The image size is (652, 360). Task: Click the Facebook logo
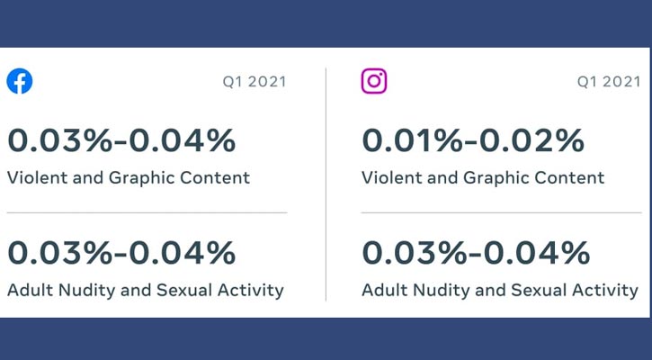pyautogui.click(x=20, y=81)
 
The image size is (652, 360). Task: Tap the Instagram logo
pyautogui.click(x=374, y=81)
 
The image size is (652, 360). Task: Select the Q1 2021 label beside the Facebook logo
pyautogui.click(x=255, y=82)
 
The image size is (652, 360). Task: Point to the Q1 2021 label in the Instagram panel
pyautogui.click(x=609, y=82)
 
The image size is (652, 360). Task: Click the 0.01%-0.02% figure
pyautogui.click(x=473, y=140)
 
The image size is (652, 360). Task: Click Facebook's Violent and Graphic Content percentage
pyautogui.click(x=121, y=140)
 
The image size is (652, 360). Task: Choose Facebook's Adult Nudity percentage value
pyautogui.click(x=121, y=253)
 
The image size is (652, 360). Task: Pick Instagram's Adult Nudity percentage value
pyautogui.click(x=476, y=253)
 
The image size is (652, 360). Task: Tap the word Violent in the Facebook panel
pyautogui.click(x=37, y=177)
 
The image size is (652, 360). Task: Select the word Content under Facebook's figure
pyautogui.click(x=215, y=177)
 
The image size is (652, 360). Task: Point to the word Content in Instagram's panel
pyautogui.click(x=569, y=177)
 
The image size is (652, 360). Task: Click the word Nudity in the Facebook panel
pyautogui.click(x=87, y=291)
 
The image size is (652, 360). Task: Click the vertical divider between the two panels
pyautogui.click(x=326, y=184)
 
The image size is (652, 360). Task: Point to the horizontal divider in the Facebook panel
pyautogui.click(x=147, y=212)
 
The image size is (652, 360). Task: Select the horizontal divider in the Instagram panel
pyautogui.click(x=501, y=212)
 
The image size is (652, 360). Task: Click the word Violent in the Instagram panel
pyautogui.click(x=391, y=177)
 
